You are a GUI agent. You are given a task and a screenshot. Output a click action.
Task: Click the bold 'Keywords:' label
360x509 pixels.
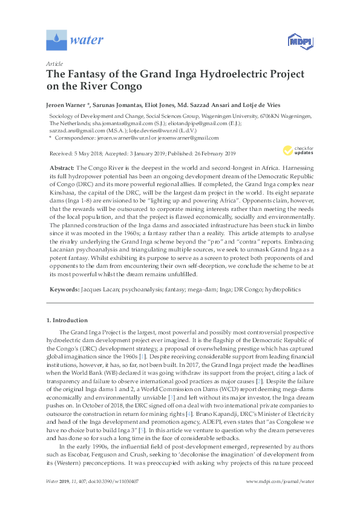pyautogui.click(x=62, y=290)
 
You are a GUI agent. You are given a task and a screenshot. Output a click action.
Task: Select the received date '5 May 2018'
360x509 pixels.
pyautogui.click(x=86, y=154)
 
